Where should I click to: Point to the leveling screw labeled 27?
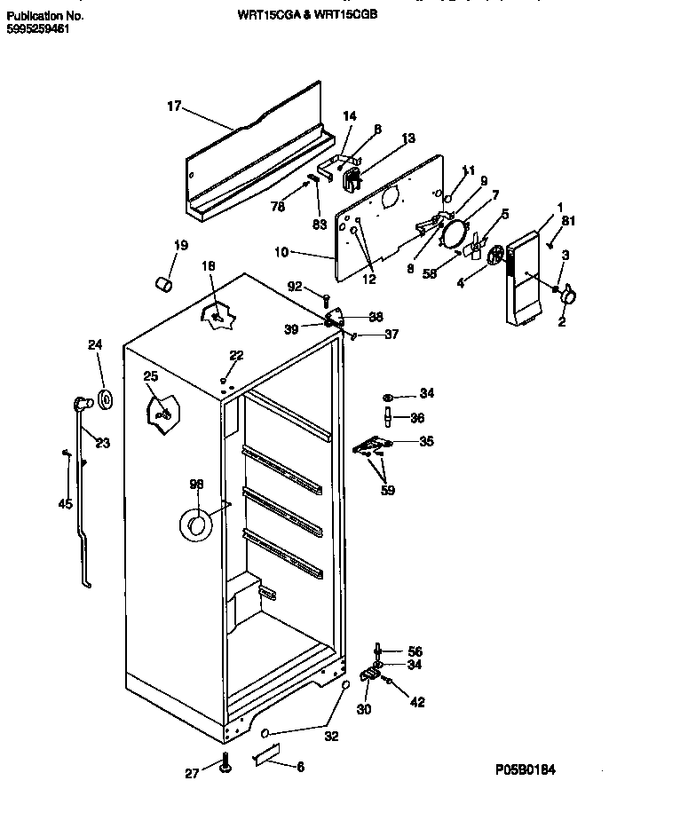point(225,763)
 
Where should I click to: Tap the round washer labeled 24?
point(106,400)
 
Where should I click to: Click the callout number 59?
point(387,490)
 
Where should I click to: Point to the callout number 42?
point(416,702)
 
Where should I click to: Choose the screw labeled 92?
point(327,300)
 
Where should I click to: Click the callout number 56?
point(415,651)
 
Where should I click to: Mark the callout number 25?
point(150,375)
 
